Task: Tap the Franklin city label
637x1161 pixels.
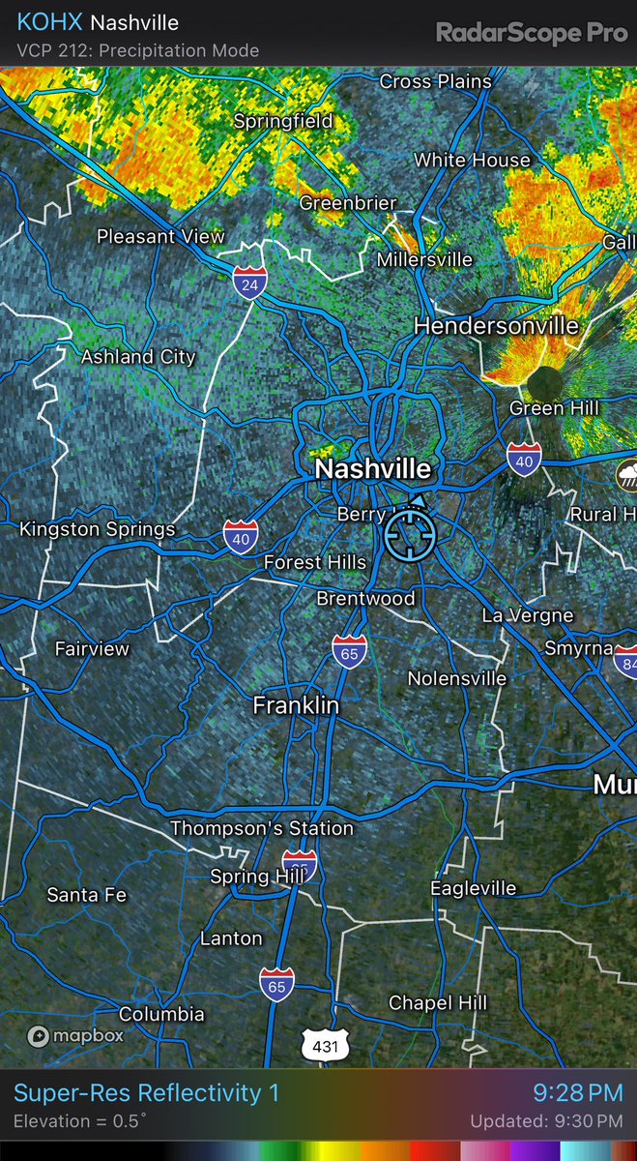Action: tap(296, 706)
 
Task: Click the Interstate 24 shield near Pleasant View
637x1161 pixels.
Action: tap(249, 282)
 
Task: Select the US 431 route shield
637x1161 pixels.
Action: tap(321, 1045)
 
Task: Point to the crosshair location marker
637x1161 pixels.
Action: tap(410, 535)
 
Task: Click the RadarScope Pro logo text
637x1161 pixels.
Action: tap(532, 33)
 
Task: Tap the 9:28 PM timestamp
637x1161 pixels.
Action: tap(578, 1093)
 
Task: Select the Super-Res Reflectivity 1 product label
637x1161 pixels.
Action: tap(146, 1093)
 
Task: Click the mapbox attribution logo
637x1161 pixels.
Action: tap(75, 1036)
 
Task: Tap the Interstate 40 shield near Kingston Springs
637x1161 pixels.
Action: tap(240, 536)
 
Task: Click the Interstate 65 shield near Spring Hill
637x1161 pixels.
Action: tap(300, 864)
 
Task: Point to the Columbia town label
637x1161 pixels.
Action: tap(161, 1014)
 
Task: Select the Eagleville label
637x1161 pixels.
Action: tap(474, 888)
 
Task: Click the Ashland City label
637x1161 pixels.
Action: tap(138, 357)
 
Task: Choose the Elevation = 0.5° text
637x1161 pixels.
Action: tap(80, 1122)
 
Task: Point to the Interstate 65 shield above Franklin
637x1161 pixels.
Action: tap(349, 651)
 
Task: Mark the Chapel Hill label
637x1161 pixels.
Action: tap(438, 1003)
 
